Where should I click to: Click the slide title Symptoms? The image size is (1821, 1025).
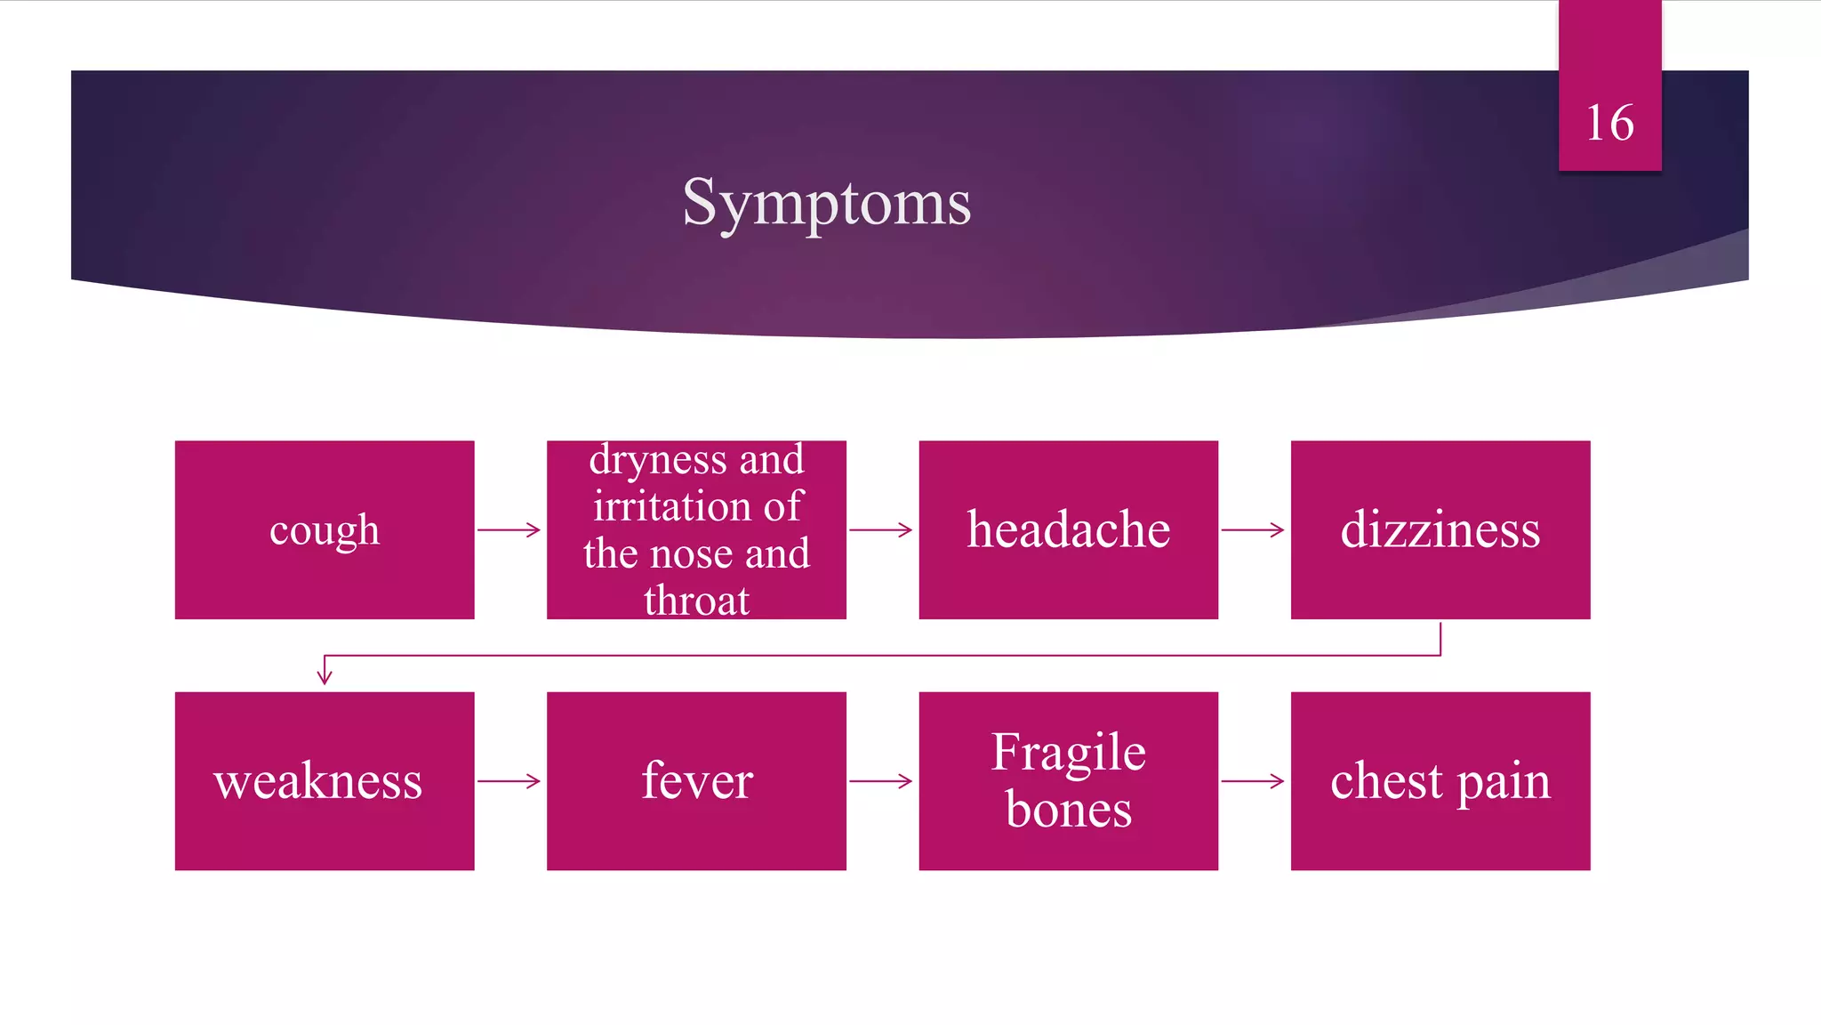pyautogui.click(x=826, y=203)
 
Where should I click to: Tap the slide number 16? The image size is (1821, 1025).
pyautogui.click(x=1609, y=123)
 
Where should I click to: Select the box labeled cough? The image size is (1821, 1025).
pyautogui.click(x=325, y=530)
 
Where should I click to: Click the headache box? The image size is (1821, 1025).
pyautogui.click(x=1068, y=530)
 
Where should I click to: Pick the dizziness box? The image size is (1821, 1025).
pyautogui.click(x=1440, y=530)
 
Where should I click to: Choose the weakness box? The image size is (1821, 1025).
pyautogui.click(x=318, y=781)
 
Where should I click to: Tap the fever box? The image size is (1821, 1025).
pyautogui.click(x=696, y=781)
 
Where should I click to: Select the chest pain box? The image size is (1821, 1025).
pyautogui.click(x=1440, y=781)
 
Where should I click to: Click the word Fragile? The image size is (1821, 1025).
pyautogui.click(x=1068, y=753)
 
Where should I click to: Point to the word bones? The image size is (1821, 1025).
pyautogui.click(x=1068, y=811)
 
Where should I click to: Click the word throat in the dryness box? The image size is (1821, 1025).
pyautogui.click(x=696, y=601)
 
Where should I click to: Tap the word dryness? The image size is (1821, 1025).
pyautogui.click(x=657, y=460)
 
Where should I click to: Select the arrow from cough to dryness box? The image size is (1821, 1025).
pyautogui.click(x=509, y=530)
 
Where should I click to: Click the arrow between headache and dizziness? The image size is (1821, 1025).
pyautogui.click(x=1252, y=530)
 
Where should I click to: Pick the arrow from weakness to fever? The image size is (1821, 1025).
pyautogui.click(x=509, y=781)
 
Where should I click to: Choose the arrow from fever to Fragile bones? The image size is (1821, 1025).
pyautogui.click(x=880, y=781)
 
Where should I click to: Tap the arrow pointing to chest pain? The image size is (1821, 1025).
pyautogui.click(x=1252, y=781)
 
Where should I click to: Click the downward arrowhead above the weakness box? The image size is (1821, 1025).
pyautogui.click(x=325, y=676)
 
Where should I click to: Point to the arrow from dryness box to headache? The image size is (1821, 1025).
pyautogui.click(x=880, y=530)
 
